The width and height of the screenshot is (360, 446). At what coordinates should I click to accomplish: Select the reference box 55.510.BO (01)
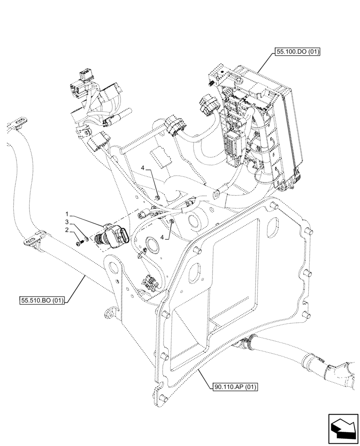coord(42,301)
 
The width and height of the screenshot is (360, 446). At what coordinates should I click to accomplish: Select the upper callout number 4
coord(143,168)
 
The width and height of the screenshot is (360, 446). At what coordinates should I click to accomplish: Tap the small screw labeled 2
coord(80,243)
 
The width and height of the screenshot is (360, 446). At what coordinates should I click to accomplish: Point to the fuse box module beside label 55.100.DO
coord(252,125)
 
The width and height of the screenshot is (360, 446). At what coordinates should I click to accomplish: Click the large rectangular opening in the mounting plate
coord(234,268)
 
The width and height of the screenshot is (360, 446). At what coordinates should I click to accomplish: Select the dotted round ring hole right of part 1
coord(152,244)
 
